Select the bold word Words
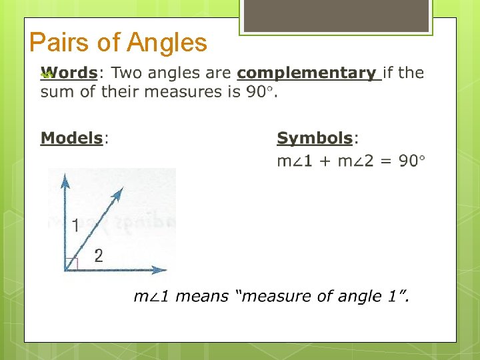[x=69, y=73]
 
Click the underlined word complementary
[x=306, y=73]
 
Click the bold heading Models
[x=71, y=138]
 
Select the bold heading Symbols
[x=314, y=138]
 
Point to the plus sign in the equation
[x=323, y=161]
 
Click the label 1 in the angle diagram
[x=75, y=226]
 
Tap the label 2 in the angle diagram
[x=99, y=255]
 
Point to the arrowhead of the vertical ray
[x=65, y=178]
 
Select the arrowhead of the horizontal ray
[x=160, y=270]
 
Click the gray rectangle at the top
[x=335, y=15]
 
